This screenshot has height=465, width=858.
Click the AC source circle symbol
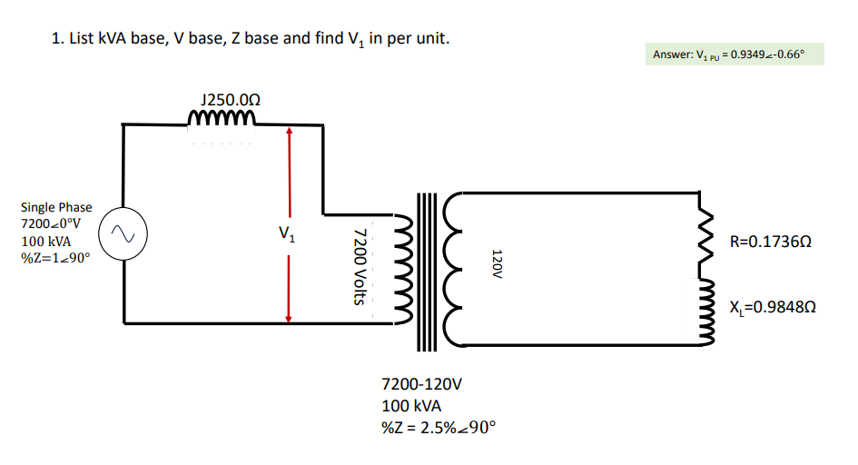(123, 235)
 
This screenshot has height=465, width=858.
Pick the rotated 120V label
(496, 262)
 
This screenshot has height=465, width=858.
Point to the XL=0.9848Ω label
(769, 306)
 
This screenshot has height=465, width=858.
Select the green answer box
(735, 54)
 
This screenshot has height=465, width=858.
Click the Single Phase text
(56, 207)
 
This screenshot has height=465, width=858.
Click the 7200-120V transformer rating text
(423, 384)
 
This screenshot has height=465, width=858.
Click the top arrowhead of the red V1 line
(288, 131)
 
